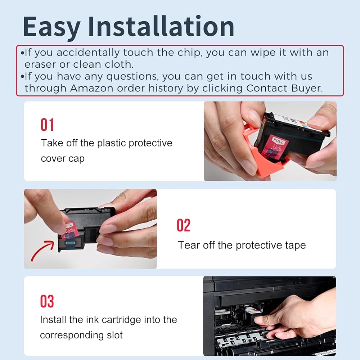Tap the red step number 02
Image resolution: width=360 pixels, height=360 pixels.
184,225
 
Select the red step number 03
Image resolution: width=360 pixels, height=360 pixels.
47,301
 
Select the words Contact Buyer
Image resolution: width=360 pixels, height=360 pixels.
284,88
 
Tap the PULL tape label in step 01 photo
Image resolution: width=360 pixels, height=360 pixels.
278,140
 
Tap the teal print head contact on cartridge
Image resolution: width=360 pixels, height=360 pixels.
71,242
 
